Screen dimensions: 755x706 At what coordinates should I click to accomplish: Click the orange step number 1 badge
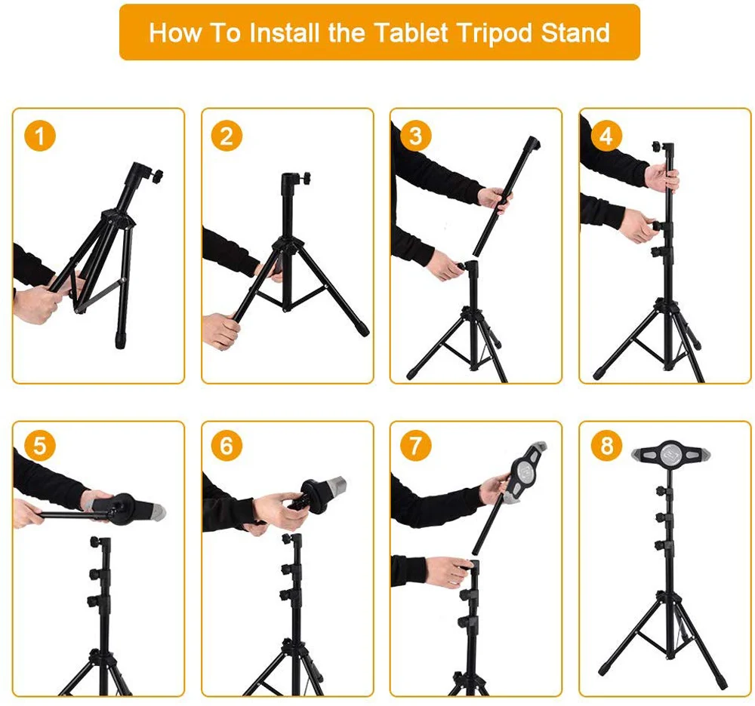(x=40, y=136)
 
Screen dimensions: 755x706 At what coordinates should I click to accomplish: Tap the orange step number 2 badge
(x=226, y=136)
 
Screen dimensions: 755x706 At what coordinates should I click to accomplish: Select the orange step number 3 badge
(x=415, y=136)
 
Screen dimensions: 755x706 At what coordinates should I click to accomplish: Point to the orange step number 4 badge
(x=606, y=136)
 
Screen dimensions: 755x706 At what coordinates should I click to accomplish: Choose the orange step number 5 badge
(x=40, y=445)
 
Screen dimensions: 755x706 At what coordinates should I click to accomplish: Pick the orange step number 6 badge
(x=226, y=445)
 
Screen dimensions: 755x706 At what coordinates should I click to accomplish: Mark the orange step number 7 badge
(x=415, y=445)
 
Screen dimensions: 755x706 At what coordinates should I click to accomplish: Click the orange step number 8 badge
(x=606, y=445)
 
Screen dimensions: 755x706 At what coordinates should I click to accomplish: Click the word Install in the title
(x=285, y=32)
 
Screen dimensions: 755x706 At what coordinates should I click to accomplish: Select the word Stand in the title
(x=575, y=32)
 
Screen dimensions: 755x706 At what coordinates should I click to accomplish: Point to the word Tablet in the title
(x=411, y=32)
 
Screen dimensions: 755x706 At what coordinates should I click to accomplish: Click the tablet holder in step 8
(x=670, y=453)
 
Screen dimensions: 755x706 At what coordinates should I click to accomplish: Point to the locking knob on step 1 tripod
(x=157, y=176)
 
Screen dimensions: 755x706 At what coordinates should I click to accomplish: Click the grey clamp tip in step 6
(x=337, y=485)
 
